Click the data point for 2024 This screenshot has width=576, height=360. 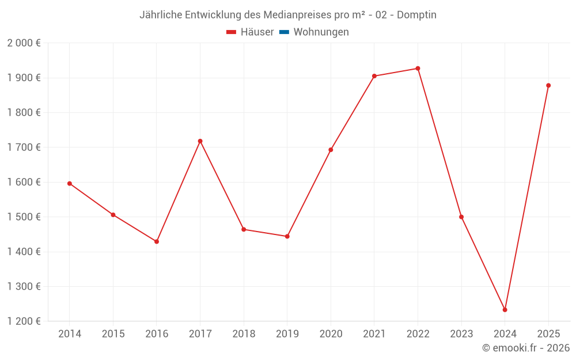(x=505, y=310)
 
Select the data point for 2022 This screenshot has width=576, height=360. (x=418, y=69)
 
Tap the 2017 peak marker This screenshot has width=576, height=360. (x=200, y=141)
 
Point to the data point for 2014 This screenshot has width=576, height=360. (x=70, y=184)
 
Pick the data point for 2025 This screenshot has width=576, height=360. (x=548, y=85)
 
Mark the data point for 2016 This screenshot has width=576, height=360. (x=157, y=241)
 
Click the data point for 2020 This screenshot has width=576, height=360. (x=331, y=150)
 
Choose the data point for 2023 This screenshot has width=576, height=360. (x=461, y=217)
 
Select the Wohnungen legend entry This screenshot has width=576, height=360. (x=321, y=32)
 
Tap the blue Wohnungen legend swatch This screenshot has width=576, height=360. (x=284, y=32)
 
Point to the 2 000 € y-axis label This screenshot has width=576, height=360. (x=24, y=43)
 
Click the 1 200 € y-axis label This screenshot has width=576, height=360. (x=24, y=321)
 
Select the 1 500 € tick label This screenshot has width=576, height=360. (x=24, y=217)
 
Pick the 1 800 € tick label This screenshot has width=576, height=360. (x=24, y=113)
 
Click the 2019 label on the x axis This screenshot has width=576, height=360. (x=287, y=334)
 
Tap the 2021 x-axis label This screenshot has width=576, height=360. (x=374, y=334)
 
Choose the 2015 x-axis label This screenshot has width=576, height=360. (x=113, y=334)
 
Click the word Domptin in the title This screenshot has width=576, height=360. (x=416, y=15)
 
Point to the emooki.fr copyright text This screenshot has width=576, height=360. (x=526, y=348)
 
